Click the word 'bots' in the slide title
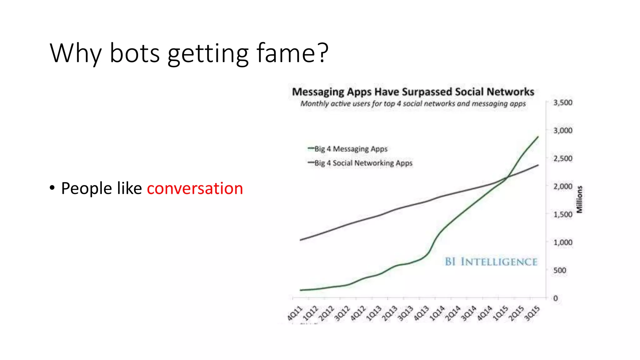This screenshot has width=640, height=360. [135, 53]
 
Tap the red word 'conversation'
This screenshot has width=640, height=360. [195, 188]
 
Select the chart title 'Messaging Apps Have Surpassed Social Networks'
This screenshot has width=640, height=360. [413, 92]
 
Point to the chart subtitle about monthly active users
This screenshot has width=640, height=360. [413, 104]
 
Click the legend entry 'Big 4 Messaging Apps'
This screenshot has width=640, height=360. [351, 149]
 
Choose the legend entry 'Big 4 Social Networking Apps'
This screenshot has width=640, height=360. [363, 163]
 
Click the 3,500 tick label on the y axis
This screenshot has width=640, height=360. [562, 103]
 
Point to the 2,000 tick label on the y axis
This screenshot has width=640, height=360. [562, 187]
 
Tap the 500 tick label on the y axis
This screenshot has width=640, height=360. [559, 270]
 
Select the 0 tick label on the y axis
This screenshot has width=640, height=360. [555, 298]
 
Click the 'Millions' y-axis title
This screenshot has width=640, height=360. [580, 199]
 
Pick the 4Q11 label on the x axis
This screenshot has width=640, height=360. [295, 313]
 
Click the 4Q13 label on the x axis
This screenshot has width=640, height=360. [421, 313]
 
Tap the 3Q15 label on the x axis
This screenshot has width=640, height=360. [532, 313]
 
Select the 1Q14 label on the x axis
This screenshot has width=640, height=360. [437, 313]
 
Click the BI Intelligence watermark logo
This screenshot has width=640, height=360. [491, 262]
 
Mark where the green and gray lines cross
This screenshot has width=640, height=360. [507, 177]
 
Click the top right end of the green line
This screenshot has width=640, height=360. [538, 137]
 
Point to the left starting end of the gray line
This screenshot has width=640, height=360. [300, 240]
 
